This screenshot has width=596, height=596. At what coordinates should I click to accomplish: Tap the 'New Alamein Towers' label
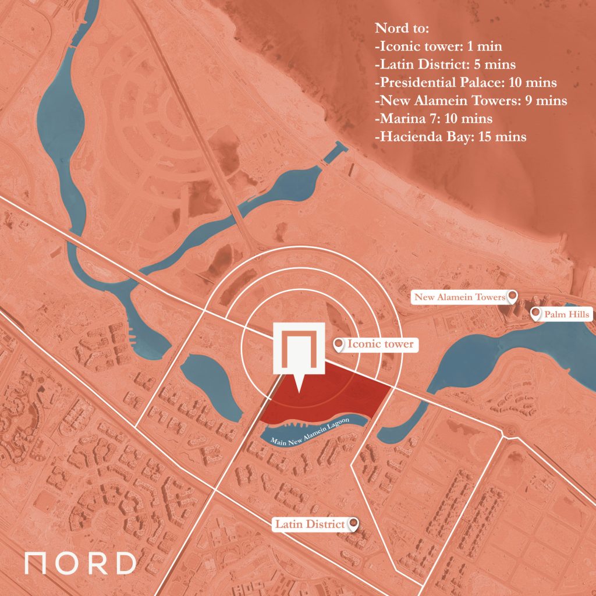459,297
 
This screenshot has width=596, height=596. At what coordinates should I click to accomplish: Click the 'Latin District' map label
310,524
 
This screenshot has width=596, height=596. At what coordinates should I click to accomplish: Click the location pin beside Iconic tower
338,345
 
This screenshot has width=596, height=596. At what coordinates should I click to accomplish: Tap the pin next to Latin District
353,524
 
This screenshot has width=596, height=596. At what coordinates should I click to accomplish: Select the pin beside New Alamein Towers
512,297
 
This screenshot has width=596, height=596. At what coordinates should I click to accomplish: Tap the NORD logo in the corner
80,563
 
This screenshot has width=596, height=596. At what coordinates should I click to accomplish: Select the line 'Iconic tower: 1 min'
439,46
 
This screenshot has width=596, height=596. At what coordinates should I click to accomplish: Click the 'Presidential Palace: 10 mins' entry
466,82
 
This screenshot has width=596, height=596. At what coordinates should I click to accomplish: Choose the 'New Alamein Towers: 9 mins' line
471,100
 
